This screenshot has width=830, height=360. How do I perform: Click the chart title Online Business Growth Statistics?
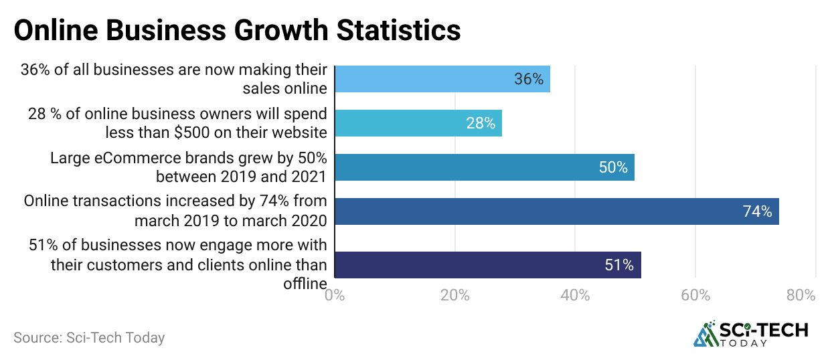tap(237, 30)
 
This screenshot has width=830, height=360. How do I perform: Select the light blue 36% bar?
tap(442, 79)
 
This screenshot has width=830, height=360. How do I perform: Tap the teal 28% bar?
tap(418, 123)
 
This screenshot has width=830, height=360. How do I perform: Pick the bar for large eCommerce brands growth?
tap(484, 167)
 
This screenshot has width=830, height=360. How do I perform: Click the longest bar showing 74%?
tap(556, 211)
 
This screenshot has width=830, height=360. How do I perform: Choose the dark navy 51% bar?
tap(487, 265)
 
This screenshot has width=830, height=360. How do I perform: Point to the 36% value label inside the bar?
tap(529, 79)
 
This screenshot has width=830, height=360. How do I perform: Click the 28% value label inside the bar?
tap(481, 123)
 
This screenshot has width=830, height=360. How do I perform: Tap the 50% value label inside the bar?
tap(613, 167)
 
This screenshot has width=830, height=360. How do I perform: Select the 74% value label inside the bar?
tap(757, 211)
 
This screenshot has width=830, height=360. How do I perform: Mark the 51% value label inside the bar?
tap(619, 265)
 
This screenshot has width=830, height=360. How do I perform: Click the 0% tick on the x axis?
tap(334, 295)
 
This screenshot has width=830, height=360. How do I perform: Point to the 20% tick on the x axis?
tap(454, 295)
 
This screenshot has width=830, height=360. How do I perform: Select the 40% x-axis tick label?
tap(575, 295)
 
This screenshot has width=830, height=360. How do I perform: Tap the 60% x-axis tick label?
tap(695, 295)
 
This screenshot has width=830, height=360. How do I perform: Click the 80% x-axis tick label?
tap(801, 295)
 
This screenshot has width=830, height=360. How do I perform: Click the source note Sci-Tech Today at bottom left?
tap(89, 338)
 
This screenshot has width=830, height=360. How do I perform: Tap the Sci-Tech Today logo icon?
tap(704, 334)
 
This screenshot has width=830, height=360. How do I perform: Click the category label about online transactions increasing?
tap(175, 211)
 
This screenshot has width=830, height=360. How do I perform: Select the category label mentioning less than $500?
tap(177, 123)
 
